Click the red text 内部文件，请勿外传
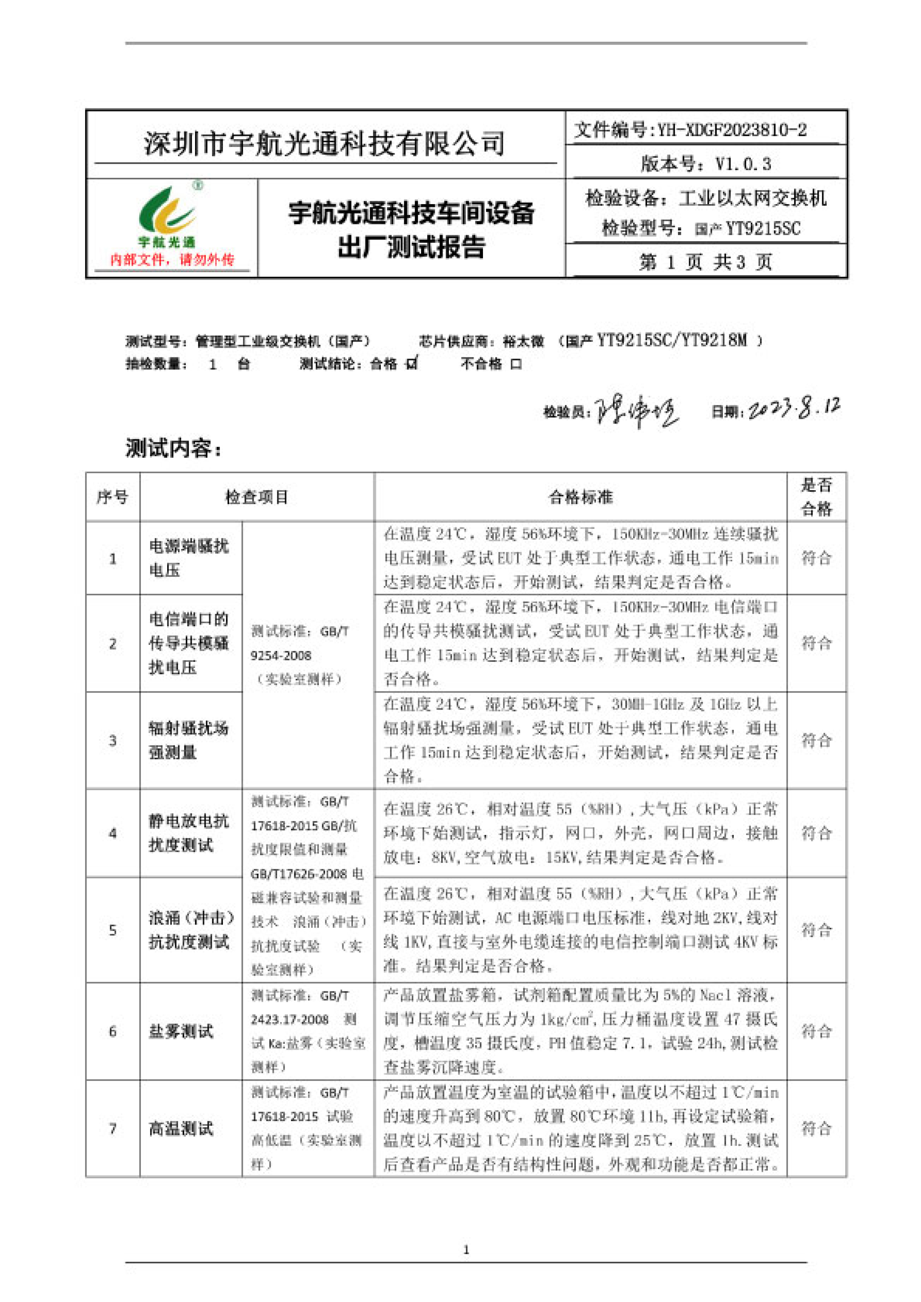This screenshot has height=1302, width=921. (172, 260)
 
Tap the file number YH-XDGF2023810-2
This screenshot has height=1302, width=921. (732, 130)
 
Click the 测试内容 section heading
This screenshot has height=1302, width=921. (173, 448)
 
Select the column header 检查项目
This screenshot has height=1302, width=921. (257, 497)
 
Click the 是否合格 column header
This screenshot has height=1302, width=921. (816, 497)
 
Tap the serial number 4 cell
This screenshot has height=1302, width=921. (113, 833)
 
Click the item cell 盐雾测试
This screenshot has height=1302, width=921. (181, 1031)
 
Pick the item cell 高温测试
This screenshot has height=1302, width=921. (181, 1128)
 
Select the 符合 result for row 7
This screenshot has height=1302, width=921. (816, 1128)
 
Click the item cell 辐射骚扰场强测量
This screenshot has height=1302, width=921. (188, 740)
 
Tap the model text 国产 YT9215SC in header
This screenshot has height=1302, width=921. (747, 229)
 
